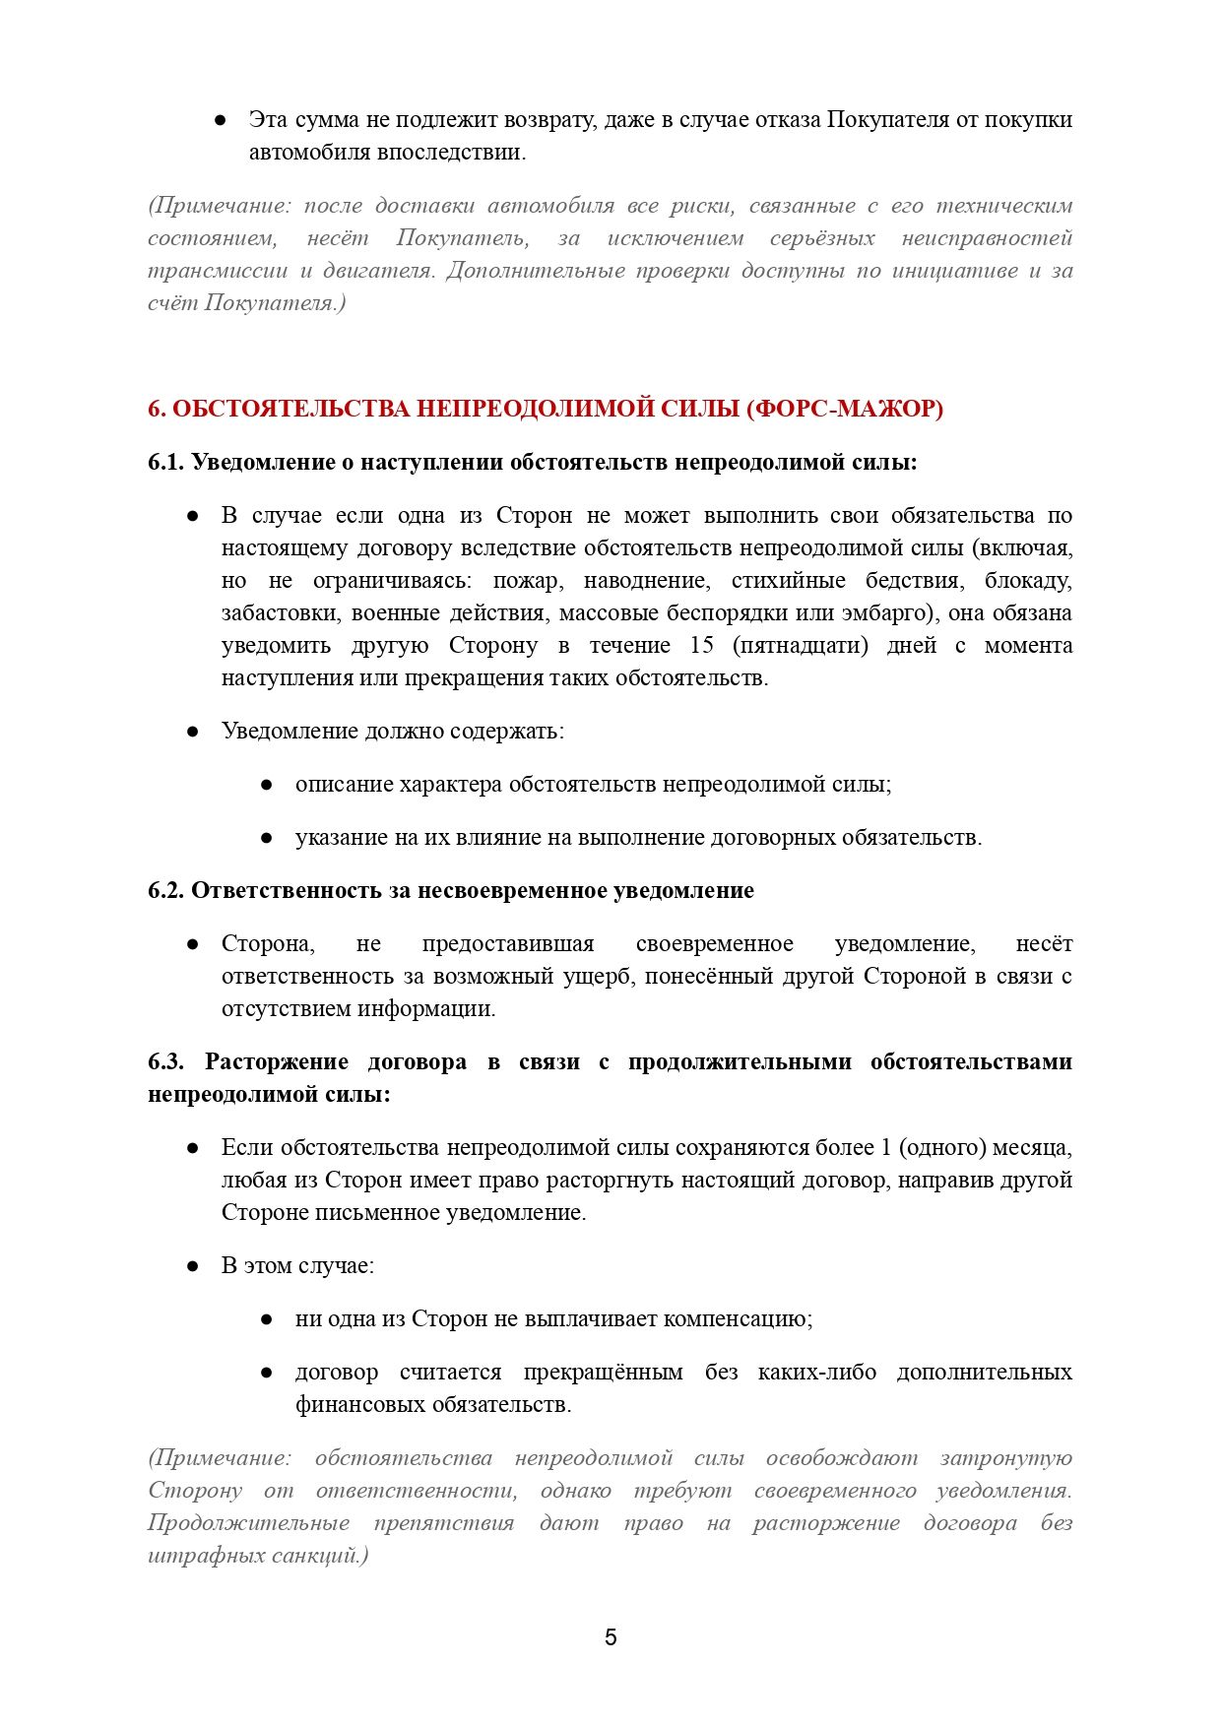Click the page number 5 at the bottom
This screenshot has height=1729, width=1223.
(611, 1636)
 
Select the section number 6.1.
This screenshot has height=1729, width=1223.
(166, 462)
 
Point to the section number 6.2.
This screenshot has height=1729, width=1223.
(166, 890)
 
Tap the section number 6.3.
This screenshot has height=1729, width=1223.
(166, 1061)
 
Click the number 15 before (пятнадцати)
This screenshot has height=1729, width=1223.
(701, 645)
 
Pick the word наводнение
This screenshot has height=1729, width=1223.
(646, 580)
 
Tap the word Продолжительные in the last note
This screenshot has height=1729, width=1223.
(248, 1522)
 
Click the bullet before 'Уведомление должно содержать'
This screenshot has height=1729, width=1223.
(193, 731)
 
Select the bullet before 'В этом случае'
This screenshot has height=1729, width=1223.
(193, 1265)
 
